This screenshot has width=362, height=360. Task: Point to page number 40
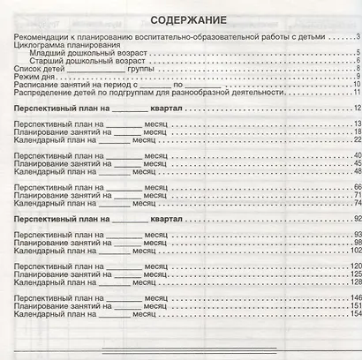coord(356,182)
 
